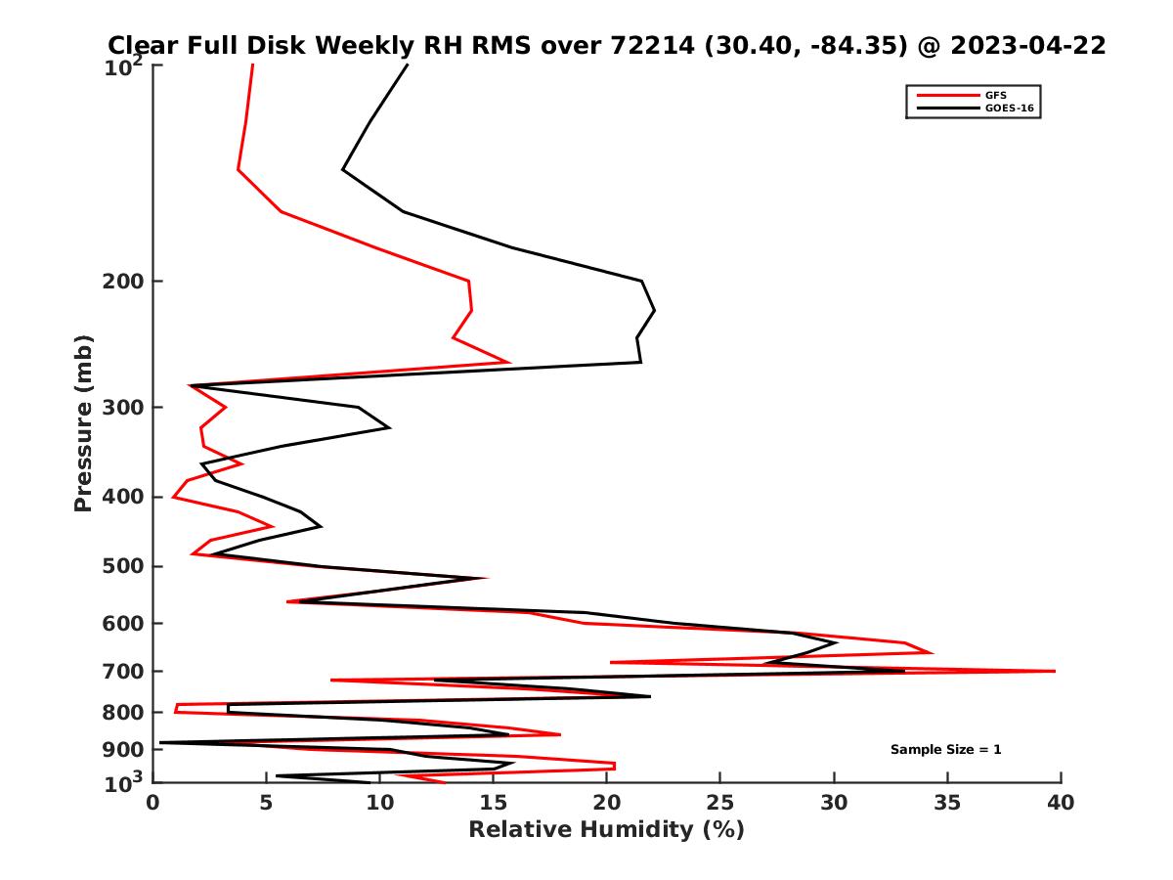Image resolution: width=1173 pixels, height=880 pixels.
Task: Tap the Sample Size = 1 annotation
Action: pos(945,750)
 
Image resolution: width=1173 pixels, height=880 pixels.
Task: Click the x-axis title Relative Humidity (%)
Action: pos(606,830)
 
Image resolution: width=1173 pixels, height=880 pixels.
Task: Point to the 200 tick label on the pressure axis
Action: pos(124,282)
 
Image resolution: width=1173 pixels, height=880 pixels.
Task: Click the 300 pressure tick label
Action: pos(124,407)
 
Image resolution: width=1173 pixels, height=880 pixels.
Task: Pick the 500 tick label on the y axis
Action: pos(124,566)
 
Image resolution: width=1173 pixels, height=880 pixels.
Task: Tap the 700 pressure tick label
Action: pos(124,671)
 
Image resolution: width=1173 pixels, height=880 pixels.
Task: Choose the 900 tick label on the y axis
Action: pos(124,750)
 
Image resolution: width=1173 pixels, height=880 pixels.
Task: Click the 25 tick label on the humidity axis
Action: pos(720,804)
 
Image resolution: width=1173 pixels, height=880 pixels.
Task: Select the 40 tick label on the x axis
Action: pos(1061,804)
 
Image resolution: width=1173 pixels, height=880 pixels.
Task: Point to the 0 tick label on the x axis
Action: pos(153,804)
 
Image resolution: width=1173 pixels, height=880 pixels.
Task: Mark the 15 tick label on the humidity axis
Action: pos(494,804)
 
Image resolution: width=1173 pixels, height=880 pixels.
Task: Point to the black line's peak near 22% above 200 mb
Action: pos(654,311)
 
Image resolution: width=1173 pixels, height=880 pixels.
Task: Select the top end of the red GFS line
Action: pos(253,65)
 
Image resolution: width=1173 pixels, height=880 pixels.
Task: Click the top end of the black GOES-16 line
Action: pos(408,65)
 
